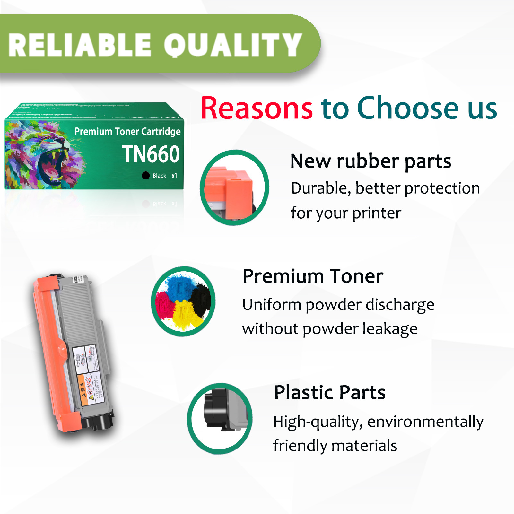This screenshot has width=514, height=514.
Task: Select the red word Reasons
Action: tap(257, 108)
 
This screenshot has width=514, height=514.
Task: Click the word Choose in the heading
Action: tap(408, 108)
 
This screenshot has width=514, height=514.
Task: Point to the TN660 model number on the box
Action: tap(151, 154)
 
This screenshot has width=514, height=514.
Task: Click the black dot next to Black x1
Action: tap(146, 175)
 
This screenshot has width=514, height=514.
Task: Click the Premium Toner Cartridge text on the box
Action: tap(127, 131)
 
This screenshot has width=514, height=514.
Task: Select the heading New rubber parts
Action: tap(370, 161)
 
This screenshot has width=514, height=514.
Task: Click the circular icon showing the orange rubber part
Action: tap(234, 187)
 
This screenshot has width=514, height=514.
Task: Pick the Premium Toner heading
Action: tap(313, 276)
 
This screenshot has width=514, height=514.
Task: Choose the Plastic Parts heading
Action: tap(329, 393)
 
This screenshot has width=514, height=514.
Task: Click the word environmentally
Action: tap(425, 422)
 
